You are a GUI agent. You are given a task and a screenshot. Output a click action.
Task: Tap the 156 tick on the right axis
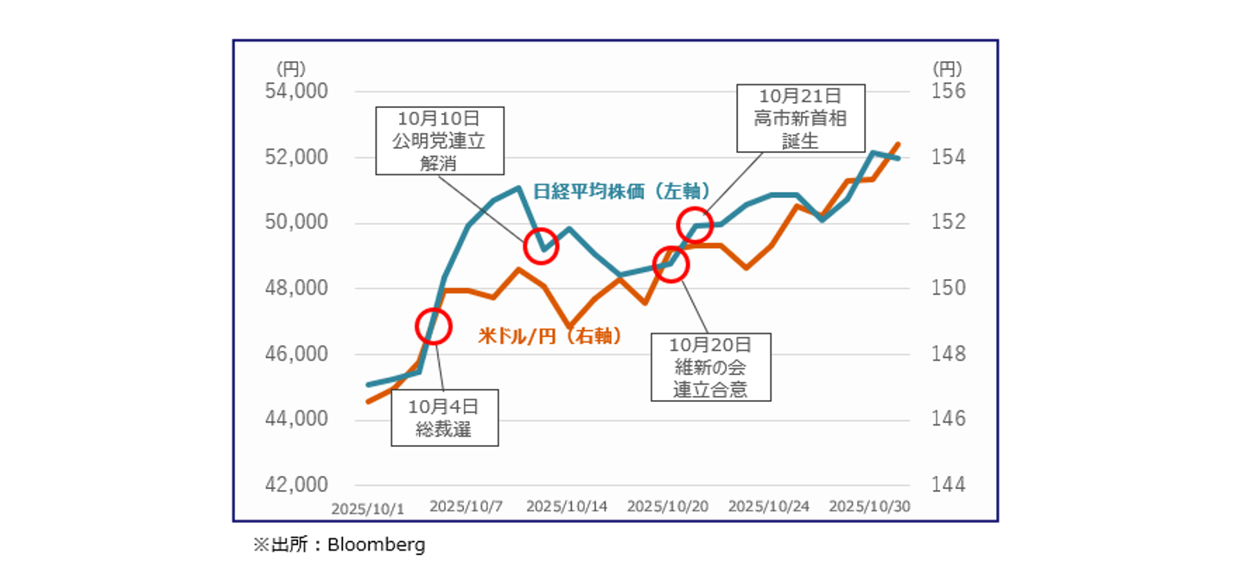948,92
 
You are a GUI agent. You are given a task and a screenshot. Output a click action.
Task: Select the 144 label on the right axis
948,484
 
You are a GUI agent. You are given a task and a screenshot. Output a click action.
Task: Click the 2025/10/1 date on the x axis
368,508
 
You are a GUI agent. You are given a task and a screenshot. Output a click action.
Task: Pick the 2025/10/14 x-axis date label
567,506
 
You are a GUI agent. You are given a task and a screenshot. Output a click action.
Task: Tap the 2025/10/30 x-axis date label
869,506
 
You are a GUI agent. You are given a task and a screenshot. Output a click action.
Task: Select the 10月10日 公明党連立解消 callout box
439,140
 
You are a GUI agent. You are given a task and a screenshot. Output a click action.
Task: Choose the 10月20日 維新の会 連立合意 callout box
710,367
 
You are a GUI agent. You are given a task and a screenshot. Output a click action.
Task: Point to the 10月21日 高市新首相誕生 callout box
800,118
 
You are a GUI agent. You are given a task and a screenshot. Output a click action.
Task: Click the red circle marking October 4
434,326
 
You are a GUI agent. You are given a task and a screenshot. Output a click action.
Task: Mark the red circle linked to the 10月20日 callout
670,264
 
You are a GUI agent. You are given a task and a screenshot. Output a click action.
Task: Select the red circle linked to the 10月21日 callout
695,225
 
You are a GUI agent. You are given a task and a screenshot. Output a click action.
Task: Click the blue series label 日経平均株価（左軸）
621,192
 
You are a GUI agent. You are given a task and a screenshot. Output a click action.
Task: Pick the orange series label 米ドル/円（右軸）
550,336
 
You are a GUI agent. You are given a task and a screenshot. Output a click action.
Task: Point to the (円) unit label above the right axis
947,68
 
